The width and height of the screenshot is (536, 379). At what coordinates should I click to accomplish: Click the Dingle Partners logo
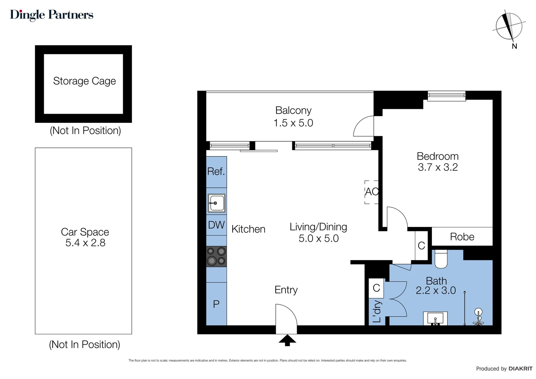[x=52, y=15]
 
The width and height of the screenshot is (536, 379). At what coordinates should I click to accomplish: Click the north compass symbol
[x=509, y=26]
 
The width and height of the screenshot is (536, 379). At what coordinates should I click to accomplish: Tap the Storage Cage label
[x=85, y=81]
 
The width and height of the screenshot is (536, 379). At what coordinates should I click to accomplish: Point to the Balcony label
[x=293, y=111]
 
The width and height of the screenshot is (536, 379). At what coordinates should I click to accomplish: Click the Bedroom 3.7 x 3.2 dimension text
[x=438, y=167]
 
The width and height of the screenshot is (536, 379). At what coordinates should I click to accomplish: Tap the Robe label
[x=462, y=237]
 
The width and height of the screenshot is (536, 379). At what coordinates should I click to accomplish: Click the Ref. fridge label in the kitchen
[x=216, y=171]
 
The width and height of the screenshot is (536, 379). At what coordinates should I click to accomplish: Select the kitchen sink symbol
[x=216, y=203]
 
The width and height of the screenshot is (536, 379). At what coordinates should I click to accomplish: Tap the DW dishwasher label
[x=216, y=225]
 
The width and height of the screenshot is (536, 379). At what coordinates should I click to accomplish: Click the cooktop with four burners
[x=216, y=257]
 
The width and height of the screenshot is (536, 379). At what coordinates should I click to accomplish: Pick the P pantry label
[x=216, y=304]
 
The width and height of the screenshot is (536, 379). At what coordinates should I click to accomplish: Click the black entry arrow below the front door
[x=287, y=340]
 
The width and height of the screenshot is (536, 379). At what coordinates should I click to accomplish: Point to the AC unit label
[x=372, y=192]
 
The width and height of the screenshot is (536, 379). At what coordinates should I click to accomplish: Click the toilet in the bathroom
[x=441, y=259]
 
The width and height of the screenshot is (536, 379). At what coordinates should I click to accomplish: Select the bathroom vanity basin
[x=435, y=318]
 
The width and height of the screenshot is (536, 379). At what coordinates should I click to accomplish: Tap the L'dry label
[x=377, y=311]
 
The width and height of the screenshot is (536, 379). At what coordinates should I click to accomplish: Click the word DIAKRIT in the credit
[x=521, y=369]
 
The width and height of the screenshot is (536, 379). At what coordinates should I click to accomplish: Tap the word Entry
[x=286, y=290]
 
